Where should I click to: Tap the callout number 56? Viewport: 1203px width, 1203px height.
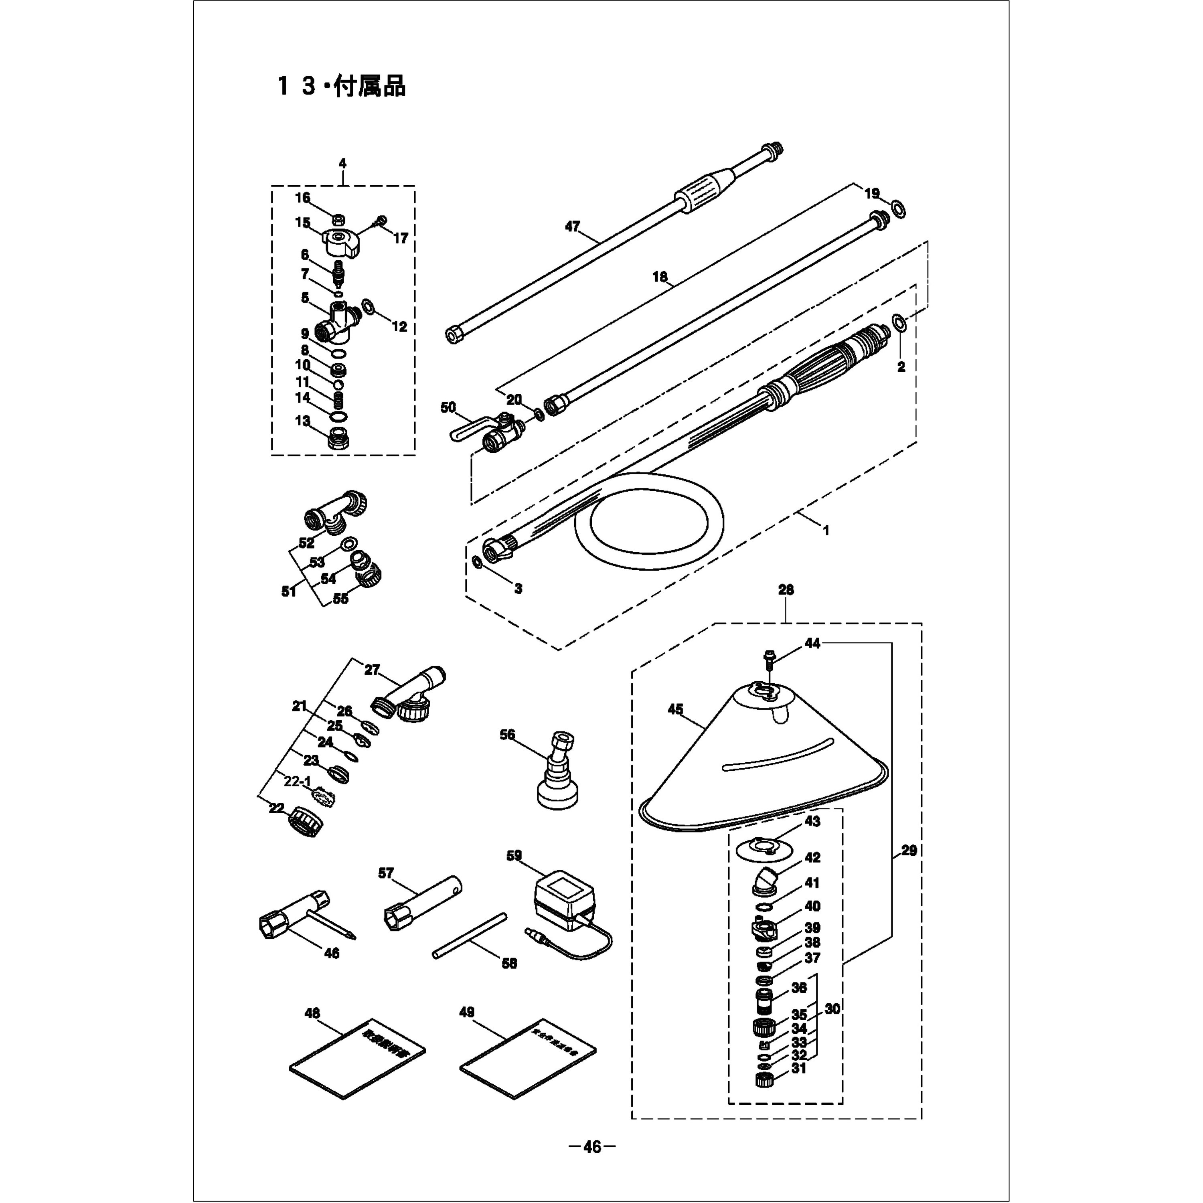(508, 735)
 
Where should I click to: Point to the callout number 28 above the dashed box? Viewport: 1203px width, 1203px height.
(786, 589)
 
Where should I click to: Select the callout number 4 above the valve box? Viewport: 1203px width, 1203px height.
(342, 163)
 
